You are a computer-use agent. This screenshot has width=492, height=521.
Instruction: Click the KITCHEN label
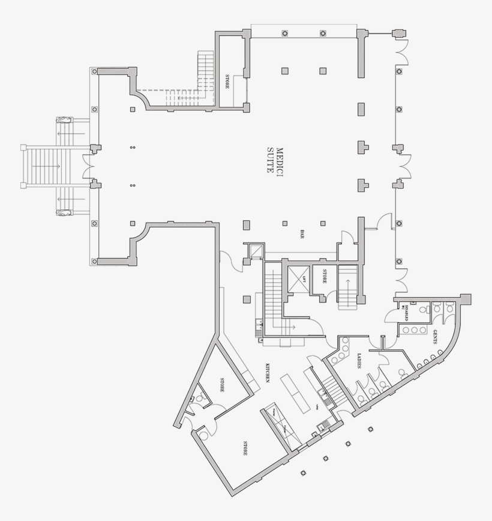266,373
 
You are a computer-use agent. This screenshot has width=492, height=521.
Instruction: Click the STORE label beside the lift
324,276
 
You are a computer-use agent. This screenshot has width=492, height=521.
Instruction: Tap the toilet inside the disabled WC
423,310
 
